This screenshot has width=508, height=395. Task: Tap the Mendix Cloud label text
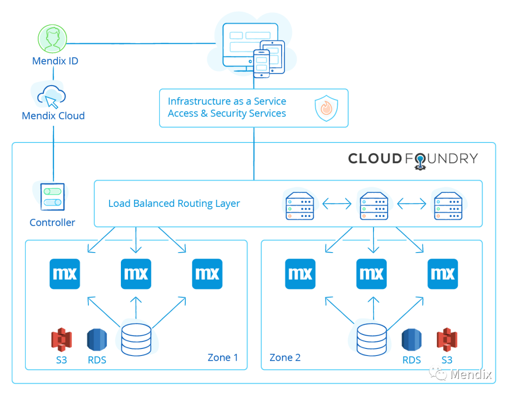(53, 116)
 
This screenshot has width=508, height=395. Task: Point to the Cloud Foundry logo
(413, 159)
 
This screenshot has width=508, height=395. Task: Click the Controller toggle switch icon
(52, 197)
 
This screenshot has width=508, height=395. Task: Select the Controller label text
(52, 222)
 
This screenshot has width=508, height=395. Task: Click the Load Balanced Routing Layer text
(174, 204)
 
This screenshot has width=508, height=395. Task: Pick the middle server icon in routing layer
(374, 204)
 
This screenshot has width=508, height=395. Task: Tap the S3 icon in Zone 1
(61, 340)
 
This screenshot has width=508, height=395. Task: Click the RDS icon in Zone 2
(412, 340)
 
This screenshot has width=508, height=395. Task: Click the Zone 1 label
(222, 357)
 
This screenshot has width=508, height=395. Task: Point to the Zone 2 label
(285, 357)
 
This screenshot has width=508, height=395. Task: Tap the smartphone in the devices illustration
(261, 63)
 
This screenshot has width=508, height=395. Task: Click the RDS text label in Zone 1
(97, 360)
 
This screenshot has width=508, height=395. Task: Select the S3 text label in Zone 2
(446, 360)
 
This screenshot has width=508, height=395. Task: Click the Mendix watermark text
(470, 374)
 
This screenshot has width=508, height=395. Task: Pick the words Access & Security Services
(227, 113)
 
